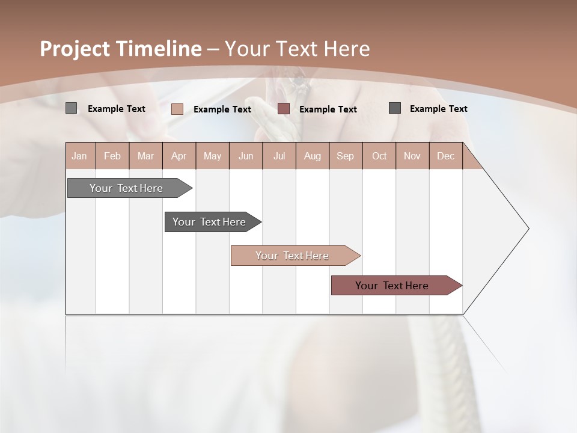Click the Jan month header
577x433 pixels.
[x=80, y=156]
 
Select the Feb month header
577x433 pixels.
[x=112, y=156]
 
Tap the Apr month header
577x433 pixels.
[x=179, y=156]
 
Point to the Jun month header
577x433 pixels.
[x=246, y=156]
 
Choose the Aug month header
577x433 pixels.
[x=313, y=156]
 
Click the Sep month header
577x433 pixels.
[x=346, y=156]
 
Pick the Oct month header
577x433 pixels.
[x=379, y=156]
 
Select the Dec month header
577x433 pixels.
[x=446, y=156]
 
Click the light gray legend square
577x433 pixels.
[x=71, y=108]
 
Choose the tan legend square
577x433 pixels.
[x=177, y=109]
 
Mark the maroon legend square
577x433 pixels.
[x=284, y=109]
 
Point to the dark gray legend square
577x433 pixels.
[x=395, y=108]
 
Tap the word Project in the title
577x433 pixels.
[x=75, y=49]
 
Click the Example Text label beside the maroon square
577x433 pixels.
[x=328, y=109]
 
